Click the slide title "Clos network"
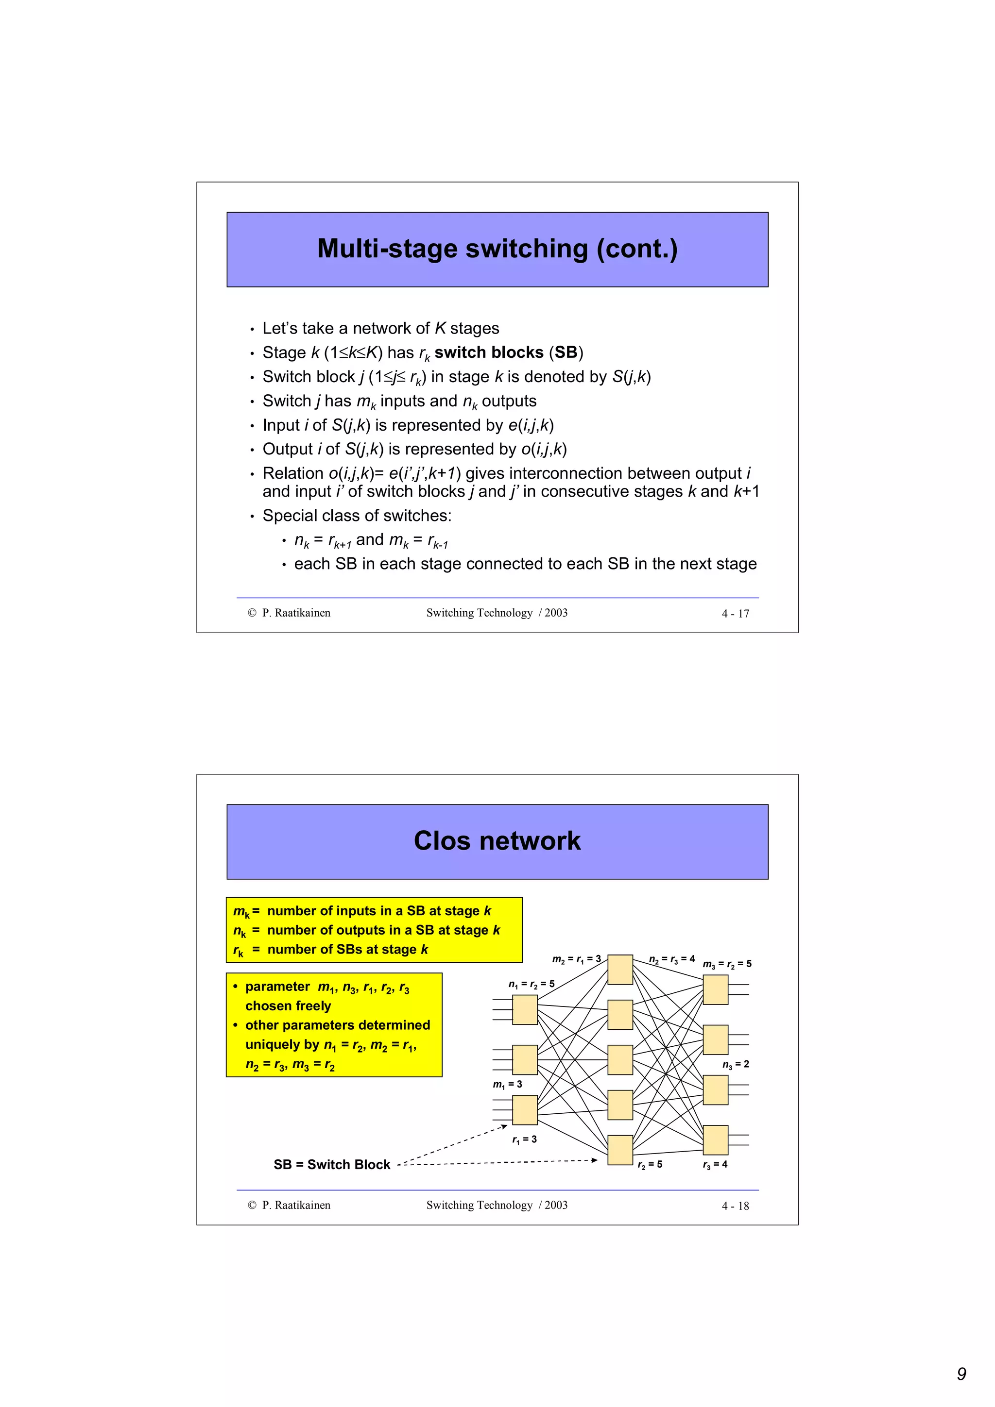coord(497,841)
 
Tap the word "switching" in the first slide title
coord(522,249)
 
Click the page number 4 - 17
coord(735,613)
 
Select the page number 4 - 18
coord(735,1206)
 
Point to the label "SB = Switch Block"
coord(332,1164)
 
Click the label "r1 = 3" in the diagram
coord(524,1139)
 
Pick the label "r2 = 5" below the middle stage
coord(650,1164)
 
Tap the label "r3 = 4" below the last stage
coord(715,1164)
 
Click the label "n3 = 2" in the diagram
coord(735,1064)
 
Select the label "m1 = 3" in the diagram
coord(508,1084)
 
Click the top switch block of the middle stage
coord(620,970)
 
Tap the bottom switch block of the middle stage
coord(620,1150)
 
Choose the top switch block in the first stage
coord(525,1010)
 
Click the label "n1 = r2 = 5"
coord(531,984)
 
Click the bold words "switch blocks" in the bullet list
coord(489,352)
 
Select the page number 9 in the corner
coord(961,1374)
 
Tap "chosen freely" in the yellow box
coord(288,1005)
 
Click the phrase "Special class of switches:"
coord(357,516)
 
